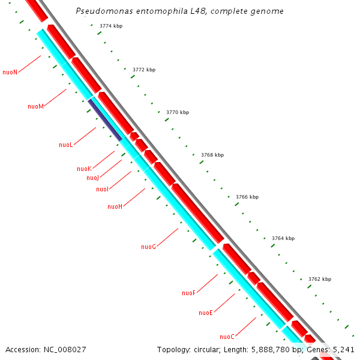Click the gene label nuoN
click(x=10, y=72)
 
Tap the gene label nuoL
click(x=66, y=145)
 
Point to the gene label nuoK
click(x=84, y=169)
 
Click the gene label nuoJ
click(x=92, y=178)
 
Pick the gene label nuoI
click(x=102, y=190)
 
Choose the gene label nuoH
click(x=115, y=206)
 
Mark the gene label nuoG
click(x=149, y=247)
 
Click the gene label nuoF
click(x=189, y=293)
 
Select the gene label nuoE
click(x=206, y=313)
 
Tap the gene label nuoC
click(x=227, y=337)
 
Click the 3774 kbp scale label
click(x=110, y=26)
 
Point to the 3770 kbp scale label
click(x=178, y=112)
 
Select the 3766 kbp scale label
click(x=247, y=197)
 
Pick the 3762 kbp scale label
click(x=320, y=279)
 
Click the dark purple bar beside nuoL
click(x=106, y=120)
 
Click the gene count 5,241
click(x=344, y=349)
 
